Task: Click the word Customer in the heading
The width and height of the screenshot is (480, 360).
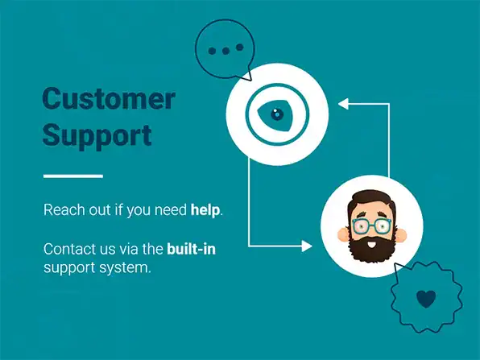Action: click(x=109, y=98)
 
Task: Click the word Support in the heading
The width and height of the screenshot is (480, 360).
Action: click(x=97, y=135)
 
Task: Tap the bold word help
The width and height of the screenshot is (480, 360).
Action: click(x=205, y=210)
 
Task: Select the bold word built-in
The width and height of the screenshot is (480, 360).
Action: click(x=192, y=249)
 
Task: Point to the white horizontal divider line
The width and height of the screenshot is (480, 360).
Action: click(x=73, y=176)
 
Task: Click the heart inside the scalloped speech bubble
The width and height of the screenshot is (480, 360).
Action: click(x=426, y=299)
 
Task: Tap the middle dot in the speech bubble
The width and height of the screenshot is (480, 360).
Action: click(x=226, y=51)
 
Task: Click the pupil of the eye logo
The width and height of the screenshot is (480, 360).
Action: click(x=277, y=114)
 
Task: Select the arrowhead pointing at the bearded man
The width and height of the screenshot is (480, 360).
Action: click(x=307, y=246)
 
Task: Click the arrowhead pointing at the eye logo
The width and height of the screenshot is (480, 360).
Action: click(x=343, y=104)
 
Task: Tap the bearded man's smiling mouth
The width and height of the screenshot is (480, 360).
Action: click(x=371, y=245)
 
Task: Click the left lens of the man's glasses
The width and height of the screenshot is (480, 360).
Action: click(x=361, y=226)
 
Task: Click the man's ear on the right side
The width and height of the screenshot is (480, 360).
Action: click(x=400, y=234)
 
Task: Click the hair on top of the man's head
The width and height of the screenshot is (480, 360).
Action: click(x=371, y=200)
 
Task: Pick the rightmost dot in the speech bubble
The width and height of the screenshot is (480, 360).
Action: click(x=240, y=48)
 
